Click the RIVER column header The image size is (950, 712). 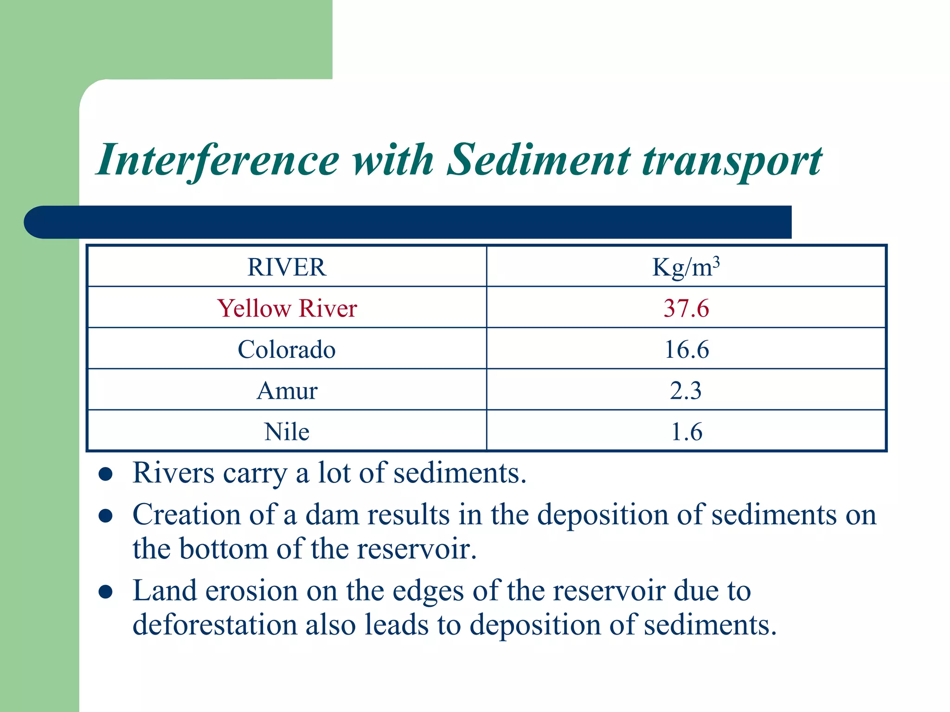pyautogui.click(x=287, y=267)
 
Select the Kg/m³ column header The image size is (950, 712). pyautogui.click(x=686, y=267)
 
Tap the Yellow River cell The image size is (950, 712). pyautogui.click(x=287, y=308)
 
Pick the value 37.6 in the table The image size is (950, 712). pyautogui.click(x=686, y=308)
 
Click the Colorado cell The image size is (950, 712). pyautogui.click(x=287, y=350)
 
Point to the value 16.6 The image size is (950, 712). pyautogui.click(x=687, y=350)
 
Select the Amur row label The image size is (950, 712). pyautogui.click(x=287, y=391)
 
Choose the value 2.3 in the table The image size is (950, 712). pyautogui.click(x=686, y=391)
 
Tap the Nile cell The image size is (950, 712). pyautogui.click(x=287, y=432)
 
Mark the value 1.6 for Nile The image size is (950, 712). pyautogui.click(x=687, y=432)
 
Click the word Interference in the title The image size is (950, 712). pyautogui.click(x=218, y=160)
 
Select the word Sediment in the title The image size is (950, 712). pyautogui.click(x=538, y=160)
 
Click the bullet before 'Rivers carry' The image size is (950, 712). pyautogui.click(x=106, y=475)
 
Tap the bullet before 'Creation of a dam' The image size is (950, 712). pyautogui.click(x=106, y=516)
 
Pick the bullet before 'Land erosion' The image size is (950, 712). pyautogui.click(x=106, y=592)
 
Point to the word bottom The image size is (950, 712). pyautogui.click(x=224, y=549)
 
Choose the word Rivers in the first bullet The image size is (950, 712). pyautogui.click(x=173, y=473)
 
